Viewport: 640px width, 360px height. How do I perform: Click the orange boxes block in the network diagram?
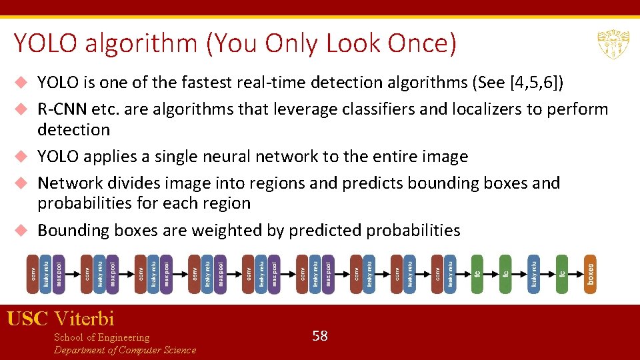590,273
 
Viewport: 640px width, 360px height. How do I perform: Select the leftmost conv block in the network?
32,273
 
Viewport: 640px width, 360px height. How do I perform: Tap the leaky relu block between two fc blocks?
534,273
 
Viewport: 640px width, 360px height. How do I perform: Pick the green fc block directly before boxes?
562,273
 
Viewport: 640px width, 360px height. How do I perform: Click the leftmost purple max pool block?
59,273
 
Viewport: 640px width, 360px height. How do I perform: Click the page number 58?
320,336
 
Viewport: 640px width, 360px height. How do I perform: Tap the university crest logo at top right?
613,45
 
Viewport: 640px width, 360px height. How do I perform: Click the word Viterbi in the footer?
85,319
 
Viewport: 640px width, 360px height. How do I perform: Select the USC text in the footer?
27,319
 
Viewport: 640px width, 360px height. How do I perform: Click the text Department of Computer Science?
125,350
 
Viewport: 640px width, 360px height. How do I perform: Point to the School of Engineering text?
101,337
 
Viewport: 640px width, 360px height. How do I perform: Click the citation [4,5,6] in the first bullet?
537,83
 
